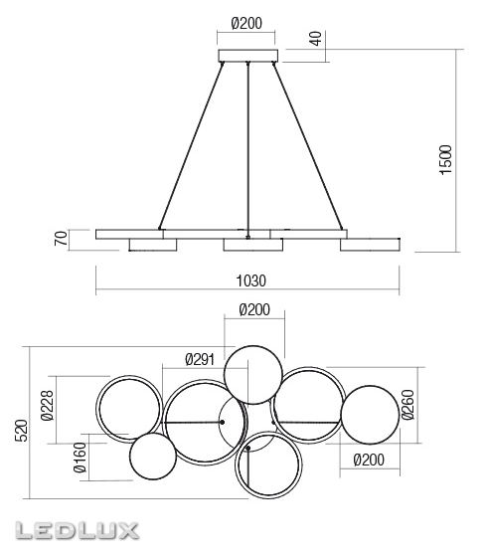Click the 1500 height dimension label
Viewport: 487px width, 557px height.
446,158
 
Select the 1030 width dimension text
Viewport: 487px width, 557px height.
246,280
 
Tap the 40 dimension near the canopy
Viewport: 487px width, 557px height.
315,40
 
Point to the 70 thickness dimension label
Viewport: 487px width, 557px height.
60,239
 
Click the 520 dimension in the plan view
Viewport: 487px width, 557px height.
19,430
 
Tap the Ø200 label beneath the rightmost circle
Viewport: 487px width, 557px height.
367,458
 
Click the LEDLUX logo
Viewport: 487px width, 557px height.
71,530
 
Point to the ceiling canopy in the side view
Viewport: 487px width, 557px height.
247,56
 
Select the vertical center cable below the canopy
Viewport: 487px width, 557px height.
246,149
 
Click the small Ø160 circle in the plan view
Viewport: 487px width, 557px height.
153,458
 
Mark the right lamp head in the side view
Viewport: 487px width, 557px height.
367,244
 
